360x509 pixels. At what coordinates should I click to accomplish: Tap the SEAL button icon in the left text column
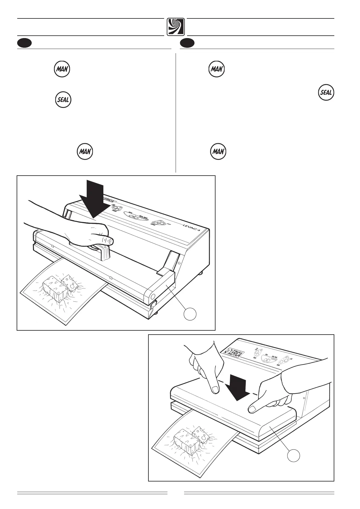pyautogui.click(x=63, y=100)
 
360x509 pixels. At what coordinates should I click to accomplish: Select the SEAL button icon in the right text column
pyautogui.click(x=326, y=92)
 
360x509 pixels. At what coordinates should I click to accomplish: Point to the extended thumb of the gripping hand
pyautogui.click(x=108, y=241)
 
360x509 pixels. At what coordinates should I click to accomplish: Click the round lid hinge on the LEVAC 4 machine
pyautogui.click(x=152, y=296)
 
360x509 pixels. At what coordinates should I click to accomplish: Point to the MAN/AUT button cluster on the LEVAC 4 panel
pyautogui.click(x=158, y=223)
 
